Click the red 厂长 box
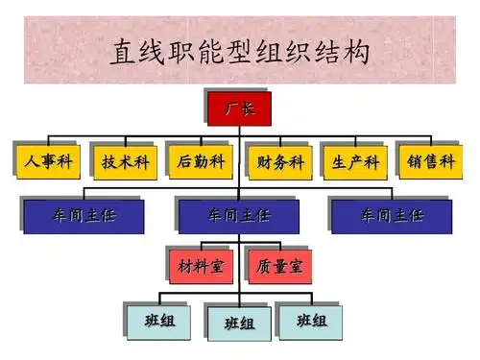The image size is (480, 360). pyautogui.click(x=239, y=108)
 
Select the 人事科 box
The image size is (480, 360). pyautogui.click(x=46, y=161)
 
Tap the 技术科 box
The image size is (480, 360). pyautogui.click(x=123, y=162)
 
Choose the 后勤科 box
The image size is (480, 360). pyautogui.click(x=200, y=161)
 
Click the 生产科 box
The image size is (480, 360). pyautogui.click(x=354, y=162)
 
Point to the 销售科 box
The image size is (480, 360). pyautogui.click(x=430, y=161)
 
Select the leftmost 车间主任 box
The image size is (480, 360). pyautogui.click(x=84, y=215)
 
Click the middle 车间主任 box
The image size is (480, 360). pyautogui.click(x=239, y=215)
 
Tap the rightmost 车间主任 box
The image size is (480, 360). pyautogui.click(x=392, y=215)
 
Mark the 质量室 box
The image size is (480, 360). pyautogui.click(x=278, y=266)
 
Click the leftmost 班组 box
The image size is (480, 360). pyautogui.click(x=160, y=320)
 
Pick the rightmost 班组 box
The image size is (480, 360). pyautogui.click(x=310, y=320)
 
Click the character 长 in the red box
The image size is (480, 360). pyautogui.click(x=248, y=108)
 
